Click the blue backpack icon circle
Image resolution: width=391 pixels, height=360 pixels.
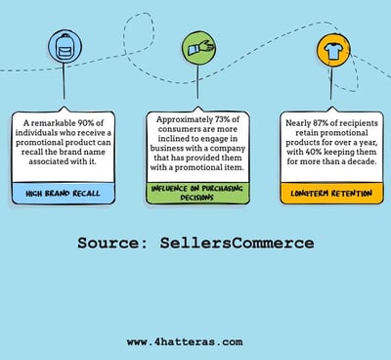(x=65, y=46)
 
